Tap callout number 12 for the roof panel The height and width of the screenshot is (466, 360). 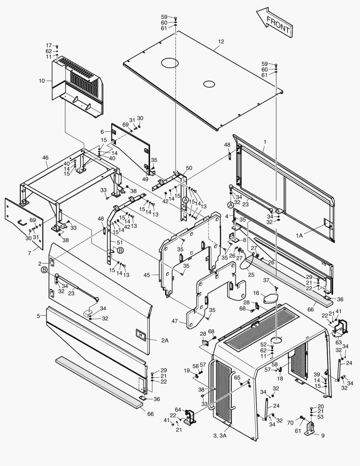click(221, 41)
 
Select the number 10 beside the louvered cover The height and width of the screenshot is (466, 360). click(41, 80)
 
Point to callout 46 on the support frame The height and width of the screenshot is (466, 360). click(45, 158)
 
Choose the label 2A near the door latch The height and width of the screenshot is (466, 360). click(165, 340)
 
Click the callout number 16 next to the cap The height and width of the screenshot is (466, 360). click(256, 293)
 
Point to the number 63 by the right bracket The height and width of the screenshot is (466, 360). click(339, 342)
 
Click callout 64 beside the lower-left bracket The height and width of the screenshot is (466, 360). click(178, 409)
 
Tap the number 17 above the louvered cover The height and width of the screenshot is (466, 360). click(49, 45)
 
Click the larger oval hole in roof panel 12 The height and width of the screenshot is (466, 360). click(169, 63)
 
